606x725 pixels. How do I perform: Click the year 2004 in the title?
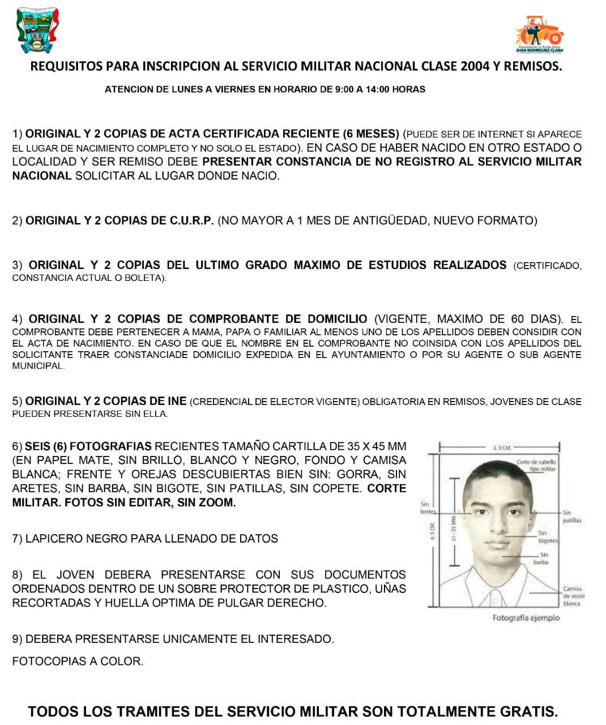click(475, 66)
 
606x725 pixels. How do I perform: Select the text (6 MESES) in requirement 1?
click(371, 134)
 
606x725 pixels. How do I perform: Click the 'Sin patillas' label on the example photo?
click(571, 516)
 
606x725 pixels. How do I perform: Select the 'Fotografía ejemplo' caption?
click(526, 617)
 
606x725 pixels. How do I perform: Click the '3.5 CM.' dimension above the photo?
click(502, 447)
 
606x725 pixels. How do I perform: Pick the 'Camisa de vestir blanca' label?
click(573, 596)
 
